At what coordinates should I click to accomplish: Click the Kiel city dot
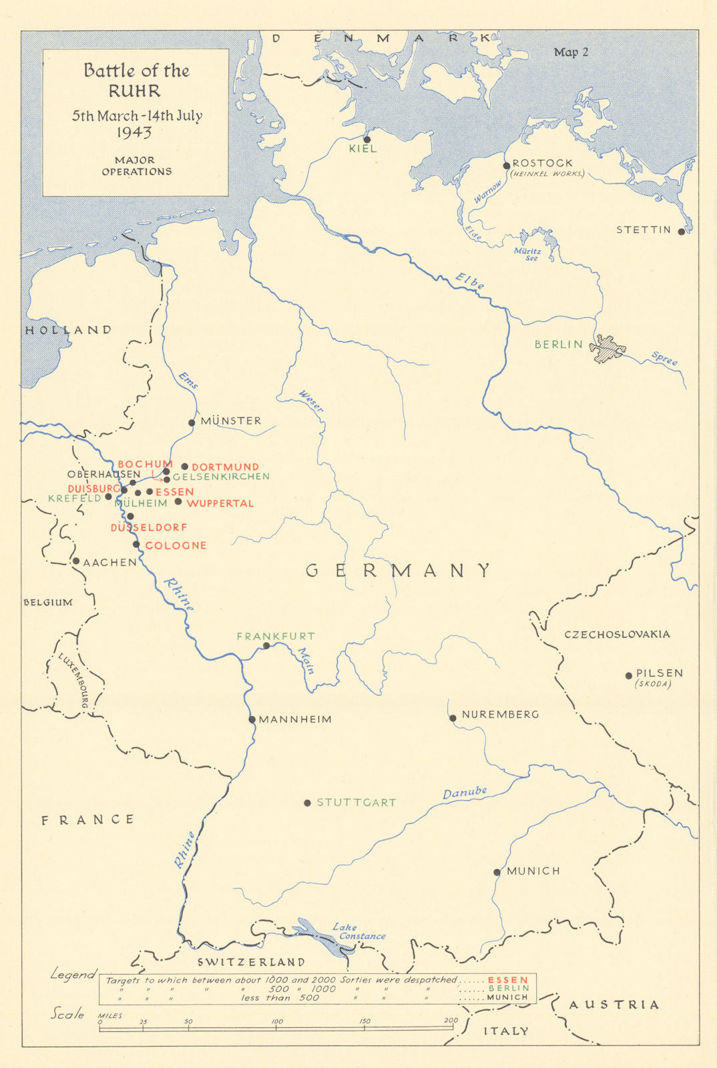coord(367,140)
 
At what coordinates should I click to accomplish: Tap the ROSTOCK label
coord(542,163)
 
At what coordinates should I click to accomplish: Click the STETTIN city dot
coord(681,232)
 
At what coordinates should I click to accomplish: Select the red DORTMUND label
coord(225,467)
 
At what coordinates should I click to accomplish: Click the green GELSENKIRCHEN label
coord(221,477)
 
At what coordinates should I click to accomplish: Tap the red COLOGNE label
coord(176,545)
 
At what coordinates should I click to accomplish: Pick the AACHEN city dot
coord(76,561)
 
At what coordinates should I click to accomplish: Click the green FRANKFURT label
coord(275,636)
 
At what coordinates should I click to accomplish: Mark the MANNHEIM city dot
coord(252,720)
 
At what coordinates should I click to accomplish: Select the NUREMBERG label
coord(500,714)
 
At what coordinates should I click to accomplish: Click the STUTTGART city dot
coord(307,803)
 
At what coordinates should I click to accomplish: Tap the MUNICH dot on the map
coord(497,872)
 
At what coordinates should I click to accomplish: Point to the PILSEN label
coord(659,673)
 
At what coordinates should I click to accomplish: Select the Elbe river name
coord(470,281)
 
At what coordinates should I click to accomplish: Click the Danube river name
coord(465,792)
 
